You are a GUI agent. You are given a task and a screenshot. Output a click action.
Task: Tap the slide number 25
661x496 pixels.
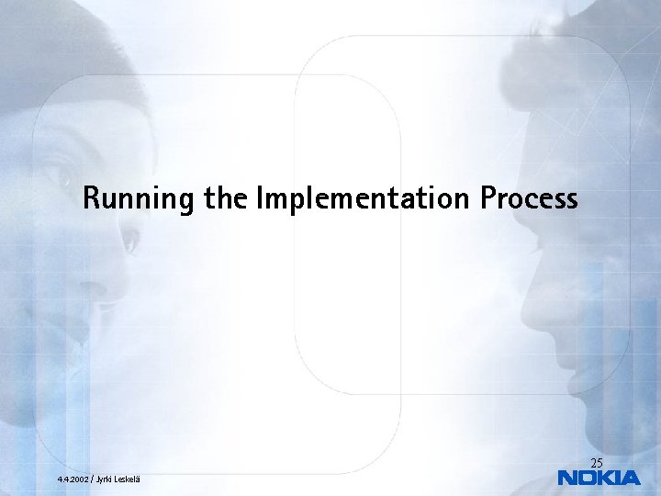(597, 462)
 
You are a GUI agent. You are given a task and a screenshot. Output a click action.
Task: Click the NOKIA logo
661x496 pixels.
(599, 478)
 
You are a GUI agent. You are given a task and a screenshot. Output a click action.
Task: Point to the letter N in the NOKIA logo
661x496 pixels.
(568, 478)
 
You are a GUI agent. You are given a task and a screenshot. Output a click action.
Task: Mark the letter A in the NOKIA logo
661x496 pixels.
(630, 478)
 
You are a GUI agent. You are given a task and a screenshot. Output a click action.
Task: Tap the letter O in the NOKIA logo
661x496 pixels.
(588, 478)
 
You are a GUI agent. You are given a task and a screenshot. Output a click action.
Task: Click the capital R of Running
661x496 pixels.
(90, 197)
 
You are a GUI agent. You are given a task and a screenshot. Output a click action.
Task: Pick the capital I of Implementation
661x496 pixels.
(263, 197)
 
